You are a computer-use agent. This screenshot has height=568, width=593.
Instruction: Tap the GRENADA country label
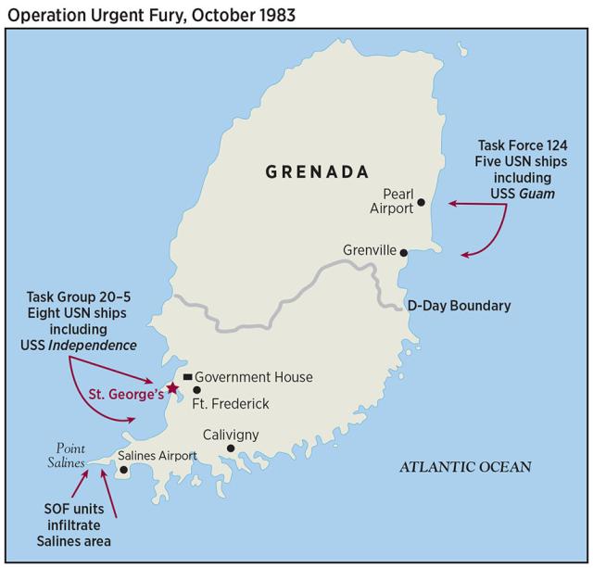[317, 171]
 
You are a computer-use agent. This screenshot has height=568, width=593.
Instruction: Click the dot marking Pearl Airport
[421, 201]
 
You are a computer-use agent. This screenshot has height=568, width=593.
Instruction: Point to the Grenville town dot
[403, 251]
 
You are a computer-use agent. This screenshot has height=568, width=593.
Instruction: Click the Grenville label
[369, 251]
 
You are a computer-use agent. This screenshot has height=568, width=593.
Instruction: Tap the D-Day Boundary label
[459, 305]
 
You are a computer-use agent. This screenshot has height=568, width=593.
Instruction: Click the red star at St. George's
[171, 386]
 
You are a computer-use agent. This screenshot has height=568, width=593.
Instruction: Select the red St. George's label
[126, 394]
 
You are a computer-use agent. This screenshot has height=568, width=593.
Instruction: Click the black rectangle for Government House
[187, 377]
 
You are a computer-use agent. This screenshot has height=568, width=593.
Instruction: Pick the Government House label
[254, 377]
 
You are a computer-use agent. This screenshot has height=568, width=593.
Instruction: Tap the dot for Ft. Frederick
[196, 390]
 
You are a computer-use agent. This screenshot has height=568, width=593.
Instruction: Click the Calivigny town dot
[231, 448]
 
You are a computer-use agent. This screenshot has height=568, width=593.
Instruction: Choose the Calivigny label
[231, 435]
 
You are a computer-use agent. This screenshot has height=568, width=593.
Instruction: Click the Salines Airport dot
[124, 470]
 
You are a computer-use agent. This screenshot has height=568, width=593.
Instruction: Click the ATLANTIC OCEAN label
[465, 467]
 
